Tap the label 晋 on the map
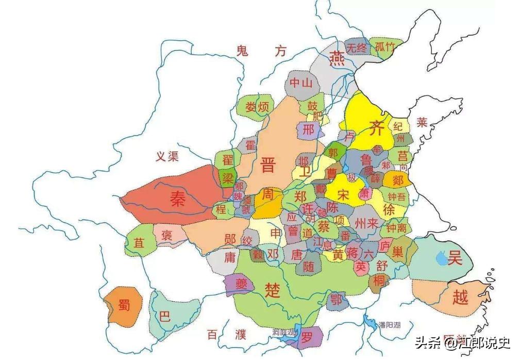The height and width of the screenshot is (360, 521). pos(268,165)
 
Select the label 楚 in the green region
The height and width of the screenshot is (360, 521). pos(273,290)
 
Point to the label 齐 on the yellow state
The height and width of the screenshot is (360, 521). pos(377,128)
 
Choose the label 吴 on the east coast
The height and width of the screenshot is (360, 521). pos(455,259)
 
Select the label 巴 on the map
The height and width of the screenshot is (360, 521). pos(164,317)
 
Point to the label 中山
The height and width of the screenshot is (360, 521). pos(301,83)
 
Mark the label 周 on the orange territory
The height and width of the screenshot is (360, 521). pos(267,195)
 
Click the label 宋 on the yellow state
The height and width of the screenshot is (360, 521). pos(343,194)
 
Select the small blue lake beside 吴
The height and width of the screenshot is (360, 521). pos(441,257)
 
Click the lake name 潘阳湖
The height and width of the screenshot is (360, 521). pos(389,325)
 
